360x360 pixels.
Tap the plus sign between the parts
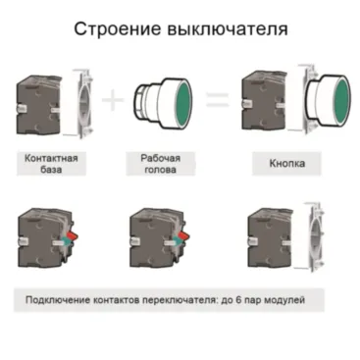point(115,98)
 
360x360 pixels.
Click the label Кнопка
point(287,164)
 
